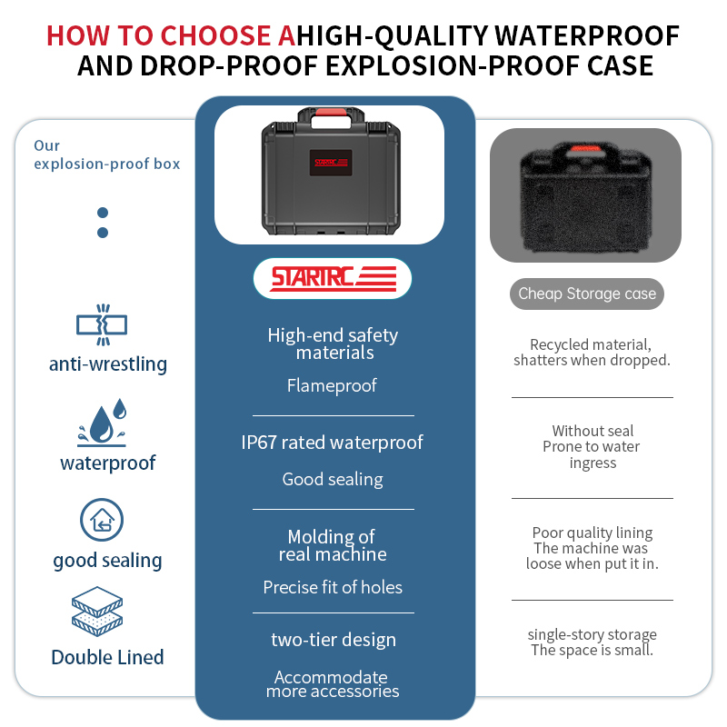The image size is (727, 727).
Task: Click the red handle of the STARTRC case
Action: [x=331, y=112]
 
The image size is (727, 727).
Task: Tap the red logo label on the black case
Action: [x=331, y=163]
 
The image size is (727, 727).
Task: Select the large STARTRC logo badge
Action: [x=333, y=278]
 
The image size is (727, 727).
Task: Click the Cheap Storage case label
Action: [x=587, y=294]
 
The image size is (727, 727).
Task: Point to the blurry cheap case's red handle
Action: [x=585, y=148]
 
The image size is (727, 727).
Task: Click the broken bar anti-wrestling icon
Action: [x=102, y=324]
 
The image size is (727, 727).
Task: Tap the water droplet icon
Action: [x=102, y=422]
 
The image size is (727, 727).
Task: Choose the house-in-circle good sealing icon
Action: [x=102, y=520]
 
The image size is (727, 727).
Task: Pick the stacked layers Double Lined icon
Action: [x=97, y=611]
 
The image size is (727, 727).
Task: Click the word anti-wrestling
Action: [x=108, y=364]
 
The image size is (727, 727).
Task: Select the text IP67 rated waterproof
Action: [x=332, y=443]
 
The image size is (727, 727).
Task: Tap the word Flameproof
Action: [x=332, y=385]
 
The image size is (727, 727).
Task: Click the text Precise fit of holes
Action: [x=333, y=587]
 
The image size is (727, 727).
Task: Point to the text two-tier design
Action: [x=334, y=640]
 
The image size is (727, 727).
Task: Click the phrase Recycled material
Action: [x=590, y=344]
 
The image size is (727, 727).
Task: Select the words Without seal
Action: [x=593, y=431]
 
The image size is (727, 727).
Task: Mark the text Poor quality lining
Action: [x=593, y=533]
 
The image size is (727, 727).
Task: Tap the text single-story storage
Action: [x=593, y=633]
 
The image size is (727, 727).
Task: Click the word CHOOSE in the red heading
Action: [x=215, y=35]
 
